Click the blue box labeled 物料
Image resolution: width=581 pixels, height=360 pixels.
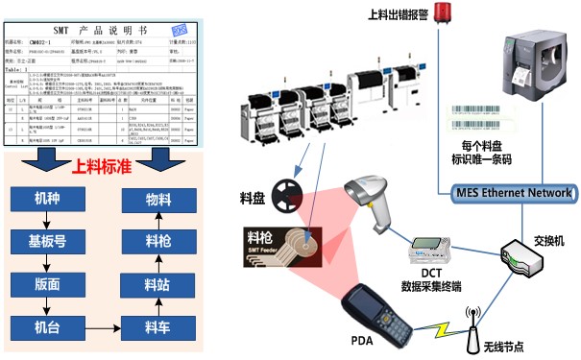coord(157,200)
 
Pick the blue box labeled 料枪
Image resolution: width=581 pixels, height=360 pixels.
coord(157,241)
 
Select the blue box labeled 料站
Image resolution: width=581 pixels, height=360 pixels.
coord(157,284)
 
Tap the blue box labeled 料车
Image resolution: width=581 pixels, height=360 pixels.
coord(157,326)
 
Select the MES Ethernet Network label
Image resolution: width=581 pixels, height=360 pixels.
coord(512,193)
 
